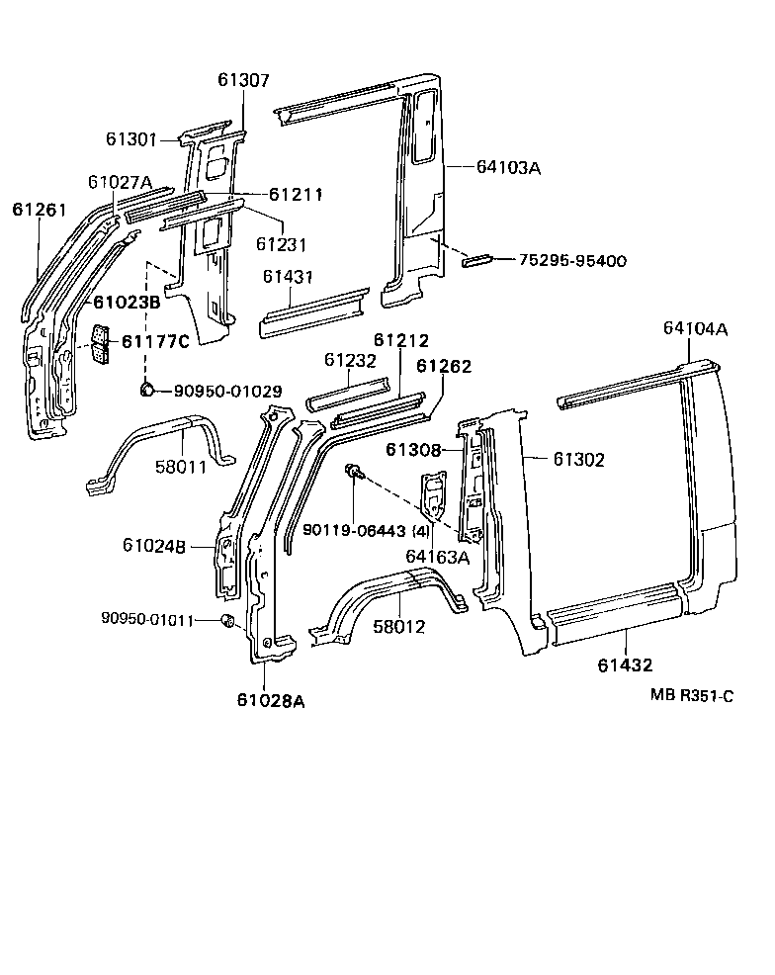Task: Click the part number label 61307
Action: coord(242,81)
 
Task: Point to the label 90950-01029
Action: coord(227,392)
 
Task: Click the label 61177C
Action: coord(155,342)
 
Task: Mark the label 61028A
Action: coord(270,701)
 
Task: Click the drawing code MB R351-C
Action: coord(691,696)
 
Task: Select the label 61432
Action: coord(625,665)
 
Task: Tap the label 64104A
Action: coord(695,329)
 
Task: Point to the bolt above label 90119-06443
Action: coord(353,474)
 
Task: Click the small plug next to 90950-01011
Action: coord(225,621)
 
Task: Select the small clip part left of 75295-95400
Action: coord(479,260)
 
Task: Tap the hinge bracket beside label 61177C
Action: coord(101,343)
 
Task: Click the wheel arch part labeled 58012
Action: coord(395,603)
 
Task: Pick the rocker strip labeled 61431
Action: coord(312,313)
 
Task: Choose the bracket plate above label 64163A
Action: coord(433,495)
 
